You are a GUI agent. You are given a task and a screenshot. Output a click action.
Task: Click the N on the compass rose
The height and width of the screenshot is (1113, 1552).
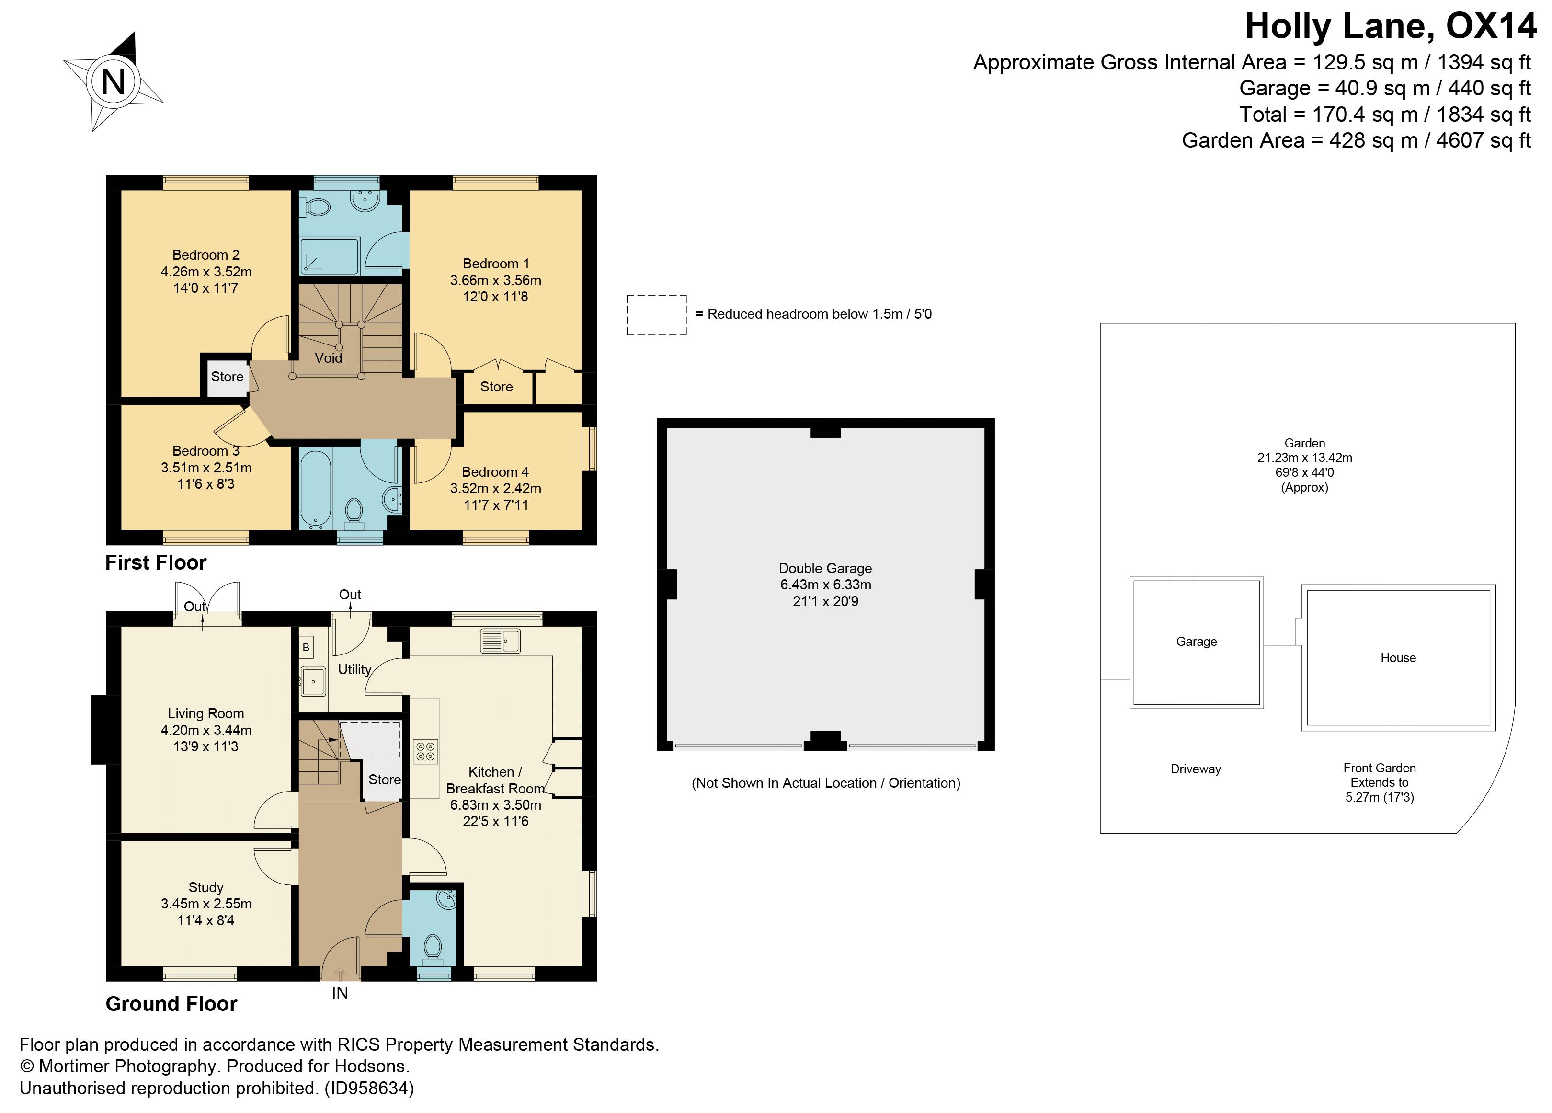(113, 82)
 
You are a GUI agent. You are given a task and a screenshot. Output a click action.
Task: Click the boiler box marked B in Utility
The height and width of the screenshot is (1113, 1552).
(306, 647)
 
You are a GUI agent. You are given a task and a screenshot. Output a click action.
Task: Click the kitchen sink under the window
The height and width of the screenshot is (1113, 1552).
(501, 641)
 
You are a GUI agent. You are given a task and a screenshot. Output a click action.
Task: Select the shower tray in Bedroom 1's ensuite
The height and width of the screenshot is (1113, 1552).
(329, 255)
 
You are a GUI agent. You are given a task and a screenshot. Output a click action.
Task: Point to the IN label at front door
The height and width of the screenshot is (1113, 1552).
(340, 993)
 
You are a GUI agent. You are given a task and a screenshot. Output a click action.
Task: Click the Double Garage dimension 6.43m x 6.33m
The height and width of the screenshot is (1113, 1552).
(825, 585)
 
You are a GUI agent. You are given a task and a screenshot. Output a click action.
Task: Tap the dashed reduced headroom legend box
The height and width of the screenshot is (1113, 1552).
(656, 315)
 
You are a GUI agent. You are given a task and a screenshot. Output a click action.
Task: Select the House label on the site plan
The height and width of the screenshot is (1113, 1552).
(1398, 658)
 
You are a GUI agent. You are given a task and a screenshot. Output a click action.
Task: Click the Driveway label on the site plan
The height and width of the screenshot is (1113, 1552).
(1196, 769)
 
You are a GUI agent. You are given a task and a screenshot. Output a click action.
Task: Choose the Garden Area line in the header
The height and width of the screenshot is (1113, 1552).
(1356, 140)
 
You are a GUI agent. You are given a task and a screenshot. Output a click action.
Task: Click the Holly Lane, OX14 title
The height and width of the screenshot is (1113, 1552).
(1390, 27)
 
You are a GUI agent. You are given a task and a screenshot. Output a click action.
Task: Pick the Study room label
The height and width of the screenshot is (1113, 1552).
(205, 887)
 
